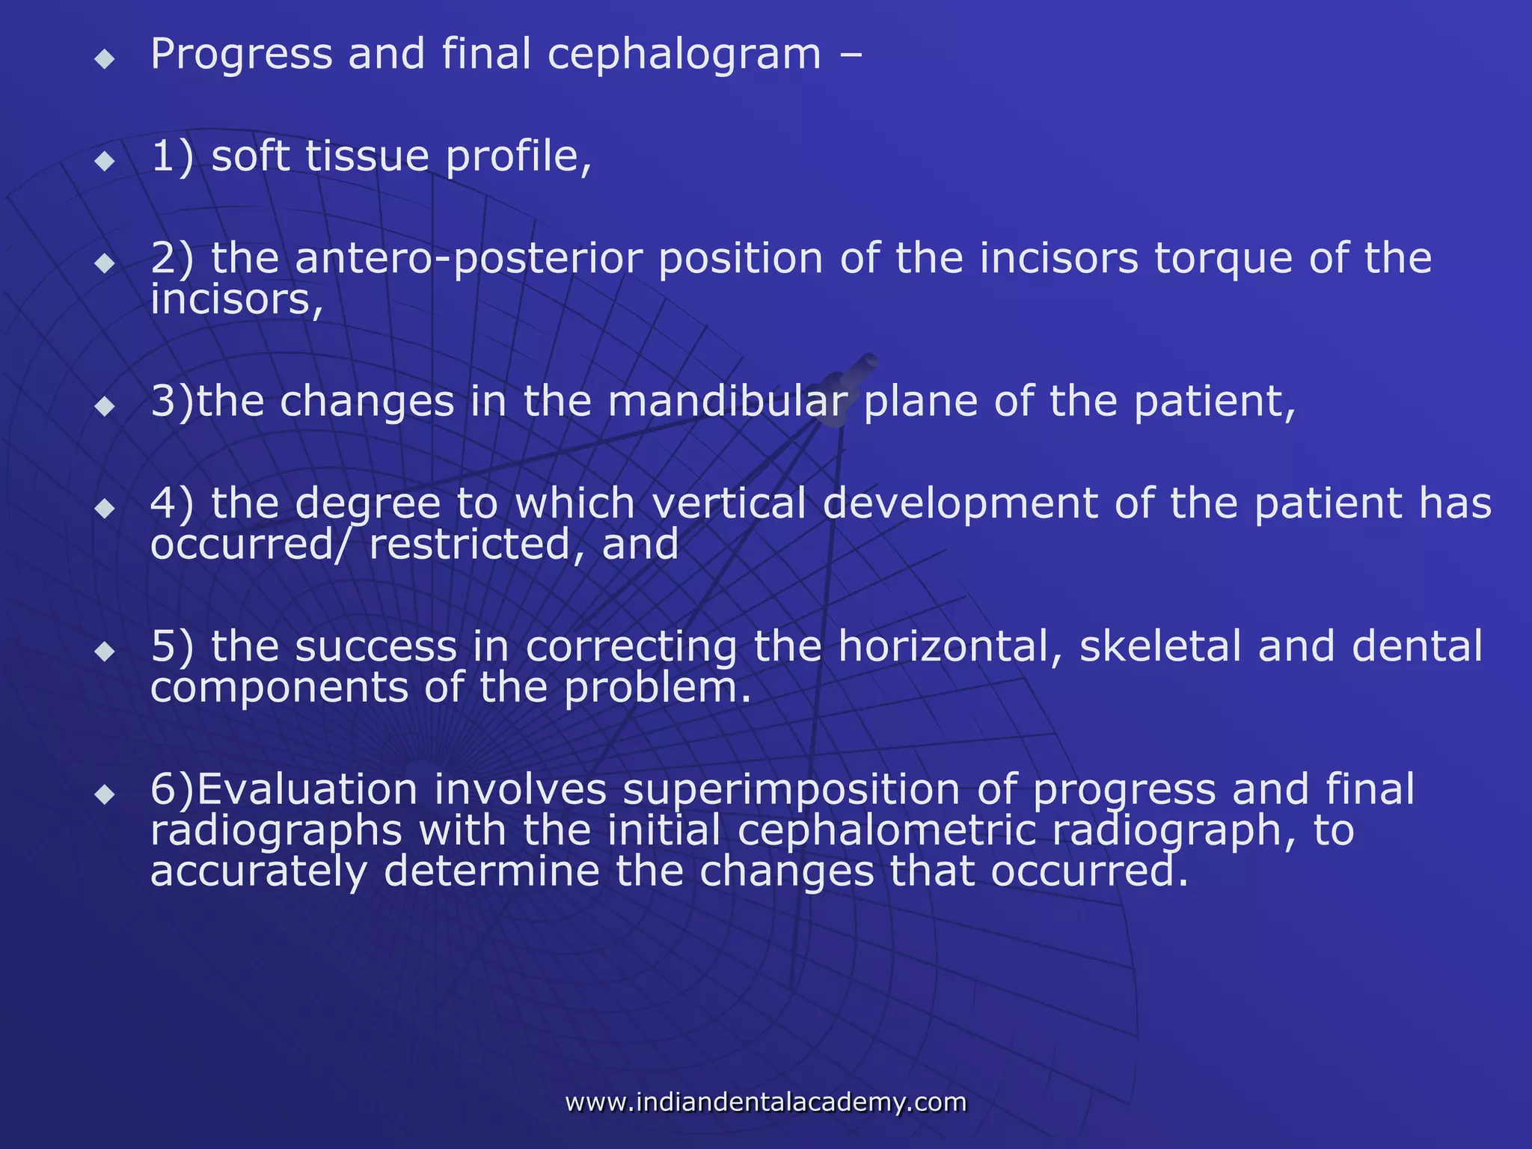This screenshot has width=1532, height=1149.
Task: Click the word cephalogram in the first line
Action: click(x=684, y=55)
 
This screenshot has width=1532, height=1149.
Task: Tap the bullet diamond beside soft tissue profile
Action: click(x=105, y=161)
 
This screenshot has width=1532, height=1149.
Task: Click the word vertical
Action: click(x=729, y=503)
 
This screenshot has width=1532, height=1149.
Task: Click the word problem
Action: click(x=656, y=687)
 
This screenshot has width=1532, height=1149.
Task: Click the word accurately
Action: click(x=259, y=872)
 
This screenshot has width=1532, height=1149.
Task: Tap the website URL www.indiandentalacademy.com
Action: click(x=766, y=1102)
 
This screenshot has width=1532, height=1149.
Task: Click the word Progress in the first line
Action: click(x=241, y=55)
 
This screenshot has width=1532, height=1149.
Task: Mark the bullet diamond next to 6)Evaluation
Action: click(x=105, y=794)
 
